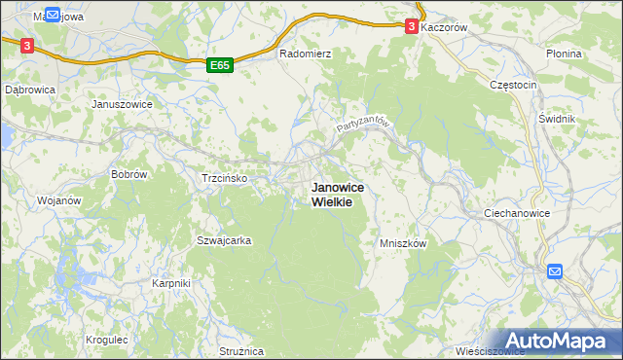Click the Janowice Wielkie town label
330,195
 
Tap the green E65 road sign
220,65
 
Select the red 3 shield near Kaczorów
414,27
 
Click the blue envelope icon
555,271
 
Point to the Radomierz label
306,54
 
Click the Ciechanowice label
517,212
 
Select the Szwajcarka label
225,240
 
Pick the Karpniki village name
171,283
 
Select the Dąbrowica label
30,89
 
